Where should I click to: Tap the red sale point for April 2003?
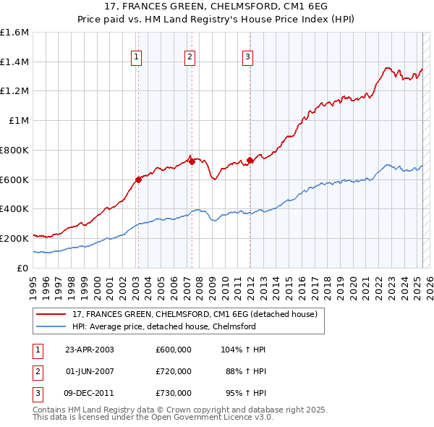tap(138, 179)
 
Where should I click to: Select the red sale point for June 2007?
tap(192, 161)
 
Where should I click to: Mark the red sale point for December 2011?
tap(250, 160)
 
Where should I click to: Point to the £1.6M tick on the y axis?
tap(14, 33)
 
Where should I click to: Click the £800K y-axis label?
tap(14, 150)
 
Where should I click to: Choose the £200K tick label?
tap(14, 238)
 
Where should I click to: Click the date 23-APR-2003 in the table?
tap(90, 350)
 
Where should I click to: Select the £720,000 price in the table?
tap(174, 371)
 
